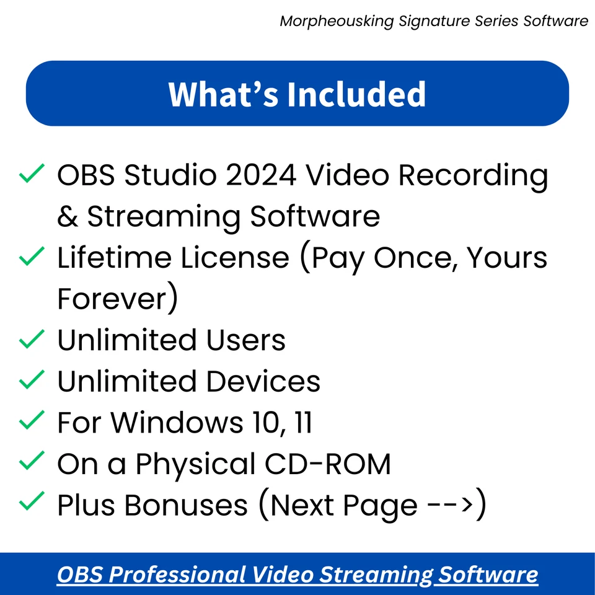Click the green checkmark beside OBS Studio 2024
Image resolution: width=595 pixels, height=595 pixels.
click(x=31, y=174)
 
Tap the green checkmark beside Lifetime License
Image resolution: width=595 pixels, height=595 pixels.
click(x=31, y=256)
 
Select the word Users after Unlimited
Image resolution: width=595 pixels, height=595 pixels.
click(x=241, y=340)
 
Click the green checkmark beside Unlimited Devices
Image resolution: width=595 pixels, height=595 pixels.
click(x=31, y=379)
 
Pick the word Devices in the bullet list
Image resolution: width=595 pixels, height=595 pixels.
click(x=263, y=381)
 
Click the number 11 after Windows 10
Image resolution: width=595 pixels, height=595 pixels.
click(x=302, y=423)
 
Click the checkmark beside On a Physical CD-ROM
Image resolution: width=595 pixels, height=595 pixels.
click(x=31, y=462)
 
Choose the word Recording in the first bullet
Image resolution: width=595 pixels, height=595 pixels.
click(x=473, y=175)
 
